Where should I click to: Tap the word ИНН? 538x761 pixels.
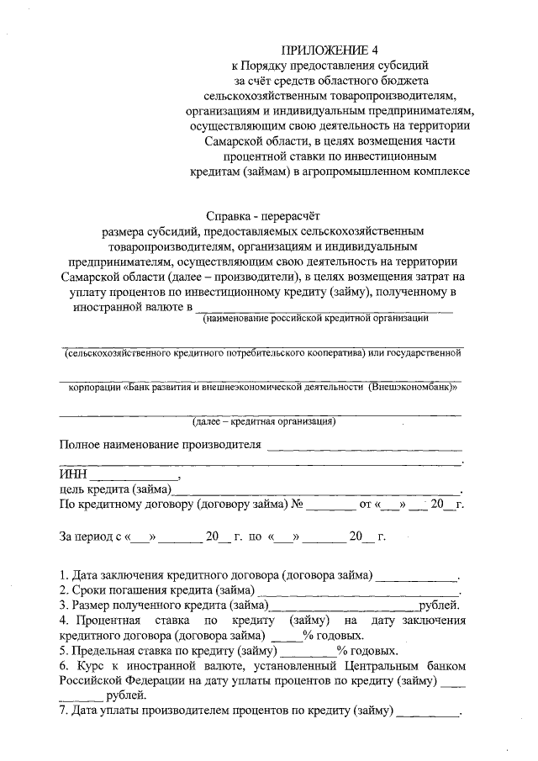73,475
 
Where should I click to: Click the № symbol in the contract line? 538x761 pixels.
296,505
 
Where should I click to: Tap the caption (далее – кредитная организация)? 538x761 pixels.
263,421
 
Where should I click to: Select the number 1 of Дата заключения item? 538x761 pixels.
63,576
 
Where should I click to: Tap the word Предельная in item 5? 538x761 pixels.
108,651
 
